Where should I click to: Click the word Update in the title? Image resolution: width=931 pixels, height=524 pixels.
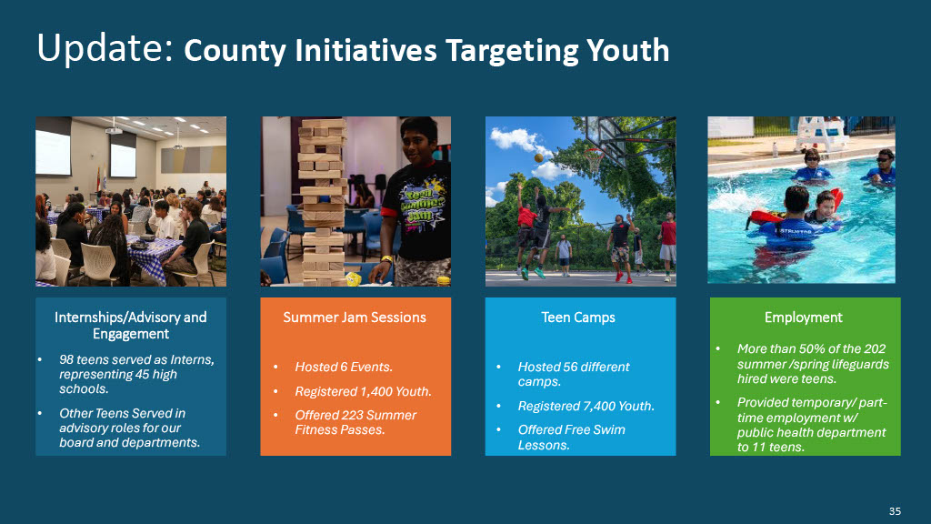coord(105,48)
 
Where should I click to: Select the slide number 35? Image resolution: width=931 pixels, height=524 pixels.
coord(895,511)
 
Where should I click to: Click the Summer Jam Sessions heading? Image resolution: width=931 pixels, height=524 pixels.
coord(355,317)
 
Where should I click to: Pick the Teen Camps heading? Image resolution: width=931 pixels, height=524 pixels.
coord(578,317)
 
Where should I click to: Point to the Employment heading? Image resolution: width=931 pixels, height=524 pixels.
coord(804,317)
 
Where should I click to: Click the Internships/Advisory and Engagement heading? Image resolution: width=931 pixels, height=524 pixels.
coord(131,326)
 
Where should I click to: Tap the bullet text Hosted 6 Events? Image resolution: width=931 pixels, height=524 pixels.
coord(344,368)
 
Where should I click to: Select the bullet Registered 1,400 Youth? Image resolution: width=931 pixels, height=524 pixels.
coord(364,391)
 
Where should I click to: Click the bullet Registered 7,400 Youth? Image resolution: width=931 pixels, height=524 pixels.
coord(586,407)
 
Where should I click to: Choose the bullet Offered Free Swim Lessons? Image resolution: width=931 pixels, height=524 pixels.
coord(571,438)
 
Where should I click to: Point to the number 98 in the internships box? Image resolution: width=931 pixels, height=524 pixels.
coord(66,359)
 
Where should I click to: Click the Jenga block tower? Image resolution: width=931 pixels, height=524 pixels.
coord(322,202)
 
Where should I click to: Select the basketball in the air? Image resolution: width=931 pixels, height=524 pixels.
coord(538,157)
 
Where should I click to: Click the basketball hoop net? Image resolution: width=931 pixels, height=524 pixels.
coord(593,160)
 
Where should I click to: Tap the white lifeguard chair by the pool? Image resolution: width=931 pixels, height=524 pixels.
coord(822,134)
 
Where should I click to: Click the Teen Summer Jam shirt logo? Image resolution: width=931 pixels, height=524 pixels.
coord(421,205)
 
